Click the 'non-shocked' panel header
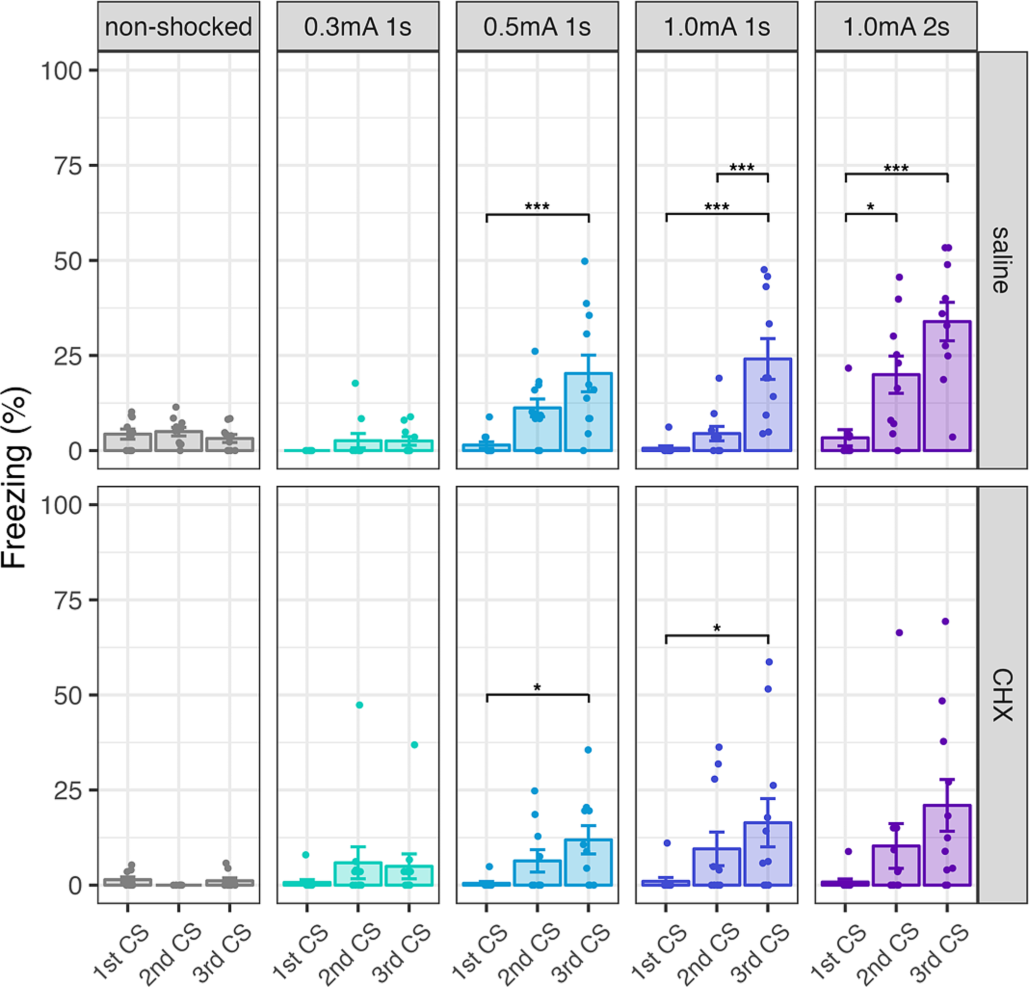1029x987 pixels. coord(179,26)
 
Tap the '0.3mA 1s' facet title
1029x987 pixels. coord(357,26)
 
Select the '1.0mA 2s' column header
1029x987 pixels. coord(896,26)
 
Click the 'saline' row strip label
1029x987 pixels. coord(1001,260)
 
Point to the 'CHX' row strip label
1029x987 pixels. coord(1001,695)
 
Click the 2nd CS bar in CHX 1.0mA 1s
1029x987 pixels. coord(717,867)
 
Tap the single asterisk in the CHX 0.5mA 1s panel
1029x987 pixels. coord(537,688)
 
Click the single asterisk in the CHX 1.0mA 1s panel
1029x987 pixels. coord(717,628)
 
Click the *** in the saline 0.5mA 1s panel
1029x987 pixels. coord(537,206)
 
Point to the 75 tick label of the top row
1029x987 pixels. coord(68,166)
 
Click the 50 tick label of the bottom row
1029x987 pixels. coord(68,696)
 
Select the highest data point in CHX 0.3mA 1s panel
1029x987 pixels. coord(359,705)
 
